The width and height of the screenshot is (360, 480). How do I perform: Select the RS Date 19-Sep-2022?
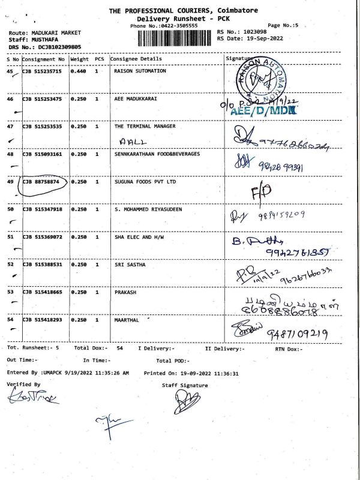260,39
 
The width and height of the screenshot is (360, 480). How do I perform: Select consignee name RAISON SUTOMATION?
140,71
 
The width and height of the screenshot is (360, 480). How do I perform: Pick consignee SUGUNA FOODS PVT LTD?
145,181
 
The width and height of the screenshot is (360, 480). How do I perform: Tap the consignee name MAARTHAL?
127,320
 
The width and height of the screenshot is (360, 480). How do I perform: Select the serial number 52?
10,264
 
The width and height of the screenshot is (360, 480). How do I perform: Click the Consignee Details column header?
136,59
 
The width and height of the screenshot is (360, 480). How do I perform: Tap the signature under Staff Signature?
187,401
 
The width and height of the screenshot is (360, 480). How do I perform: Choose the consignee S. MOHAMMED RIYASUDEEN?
148,209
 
